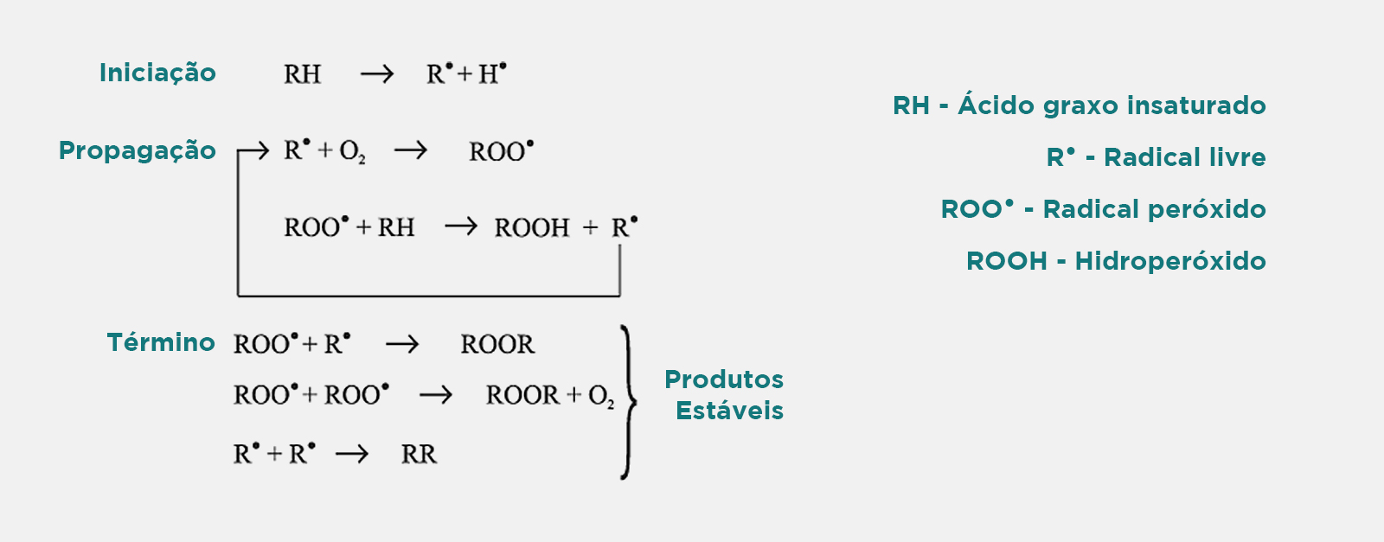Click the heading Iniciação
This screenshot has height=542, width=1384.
(157, 73)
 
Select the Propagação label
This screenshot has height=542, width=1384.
(137, 150)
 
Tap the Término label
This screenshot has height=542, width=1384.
(161, 342)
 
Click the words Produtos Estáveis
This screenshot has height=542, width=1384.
(725, 394)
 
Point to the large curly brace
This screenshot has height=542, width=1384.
(628, 402)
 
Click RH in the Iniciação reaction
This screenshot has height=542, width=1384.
(302, 74)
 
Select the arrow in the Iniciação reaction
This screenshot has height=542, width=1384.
(376, 74)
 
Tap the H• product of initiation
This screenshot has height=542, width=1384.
(492, 73)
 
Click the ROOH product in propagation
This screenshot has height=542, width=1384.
(532, 228)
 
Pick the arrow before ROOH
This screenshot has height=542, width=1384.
(460, 227)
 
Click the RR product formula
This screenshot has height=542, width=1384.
(419, 455)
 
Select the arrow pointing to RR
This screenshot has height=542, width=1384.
(351, 455)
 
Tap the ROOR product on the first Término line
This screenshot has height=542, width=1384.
(497, 345)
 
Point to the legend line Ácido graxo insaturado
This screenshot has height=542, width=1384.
(1112, 105)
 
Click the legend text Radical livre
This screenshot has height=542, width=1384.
(1184, 157)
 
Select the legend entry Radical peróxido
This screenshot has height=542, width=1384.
(1154, 209)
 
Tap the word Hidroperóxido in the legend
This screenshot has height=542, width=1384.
(1169, 261)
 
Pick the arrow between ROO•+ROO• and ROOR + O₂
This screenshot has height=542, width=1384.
(435, 396)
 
